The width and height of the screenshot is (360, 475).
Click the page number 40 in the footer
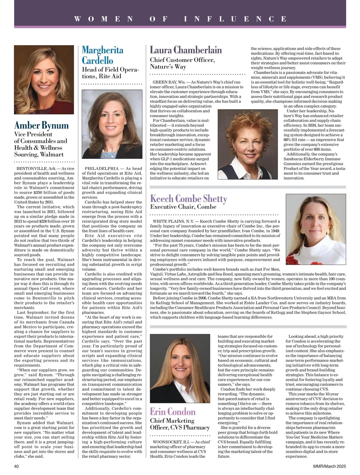(17, 466)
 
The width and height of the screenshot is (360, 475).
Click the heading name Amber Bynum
(41, 125)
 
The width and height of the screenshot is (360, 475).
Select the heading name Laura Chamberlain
(186, 50)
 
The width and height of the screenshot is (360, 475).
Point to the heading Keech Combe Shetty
(188, 198)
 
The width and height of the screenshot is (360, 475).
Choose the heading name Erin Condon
(172, 411)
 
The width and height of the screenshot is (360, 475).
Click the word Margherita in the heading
(103, 50)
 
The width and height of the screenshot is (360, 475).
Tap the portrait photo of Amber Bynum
(44, 80)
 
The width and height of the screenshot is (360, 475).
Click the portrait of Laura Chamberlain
(247, 144)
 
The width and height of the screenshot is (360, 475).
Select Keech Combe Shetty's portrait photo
(316, 229)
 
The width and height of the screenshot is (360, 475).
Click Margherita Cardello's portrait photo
(112, 124)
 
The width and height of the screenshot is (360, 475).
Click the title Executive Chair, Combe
(183, 207)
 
